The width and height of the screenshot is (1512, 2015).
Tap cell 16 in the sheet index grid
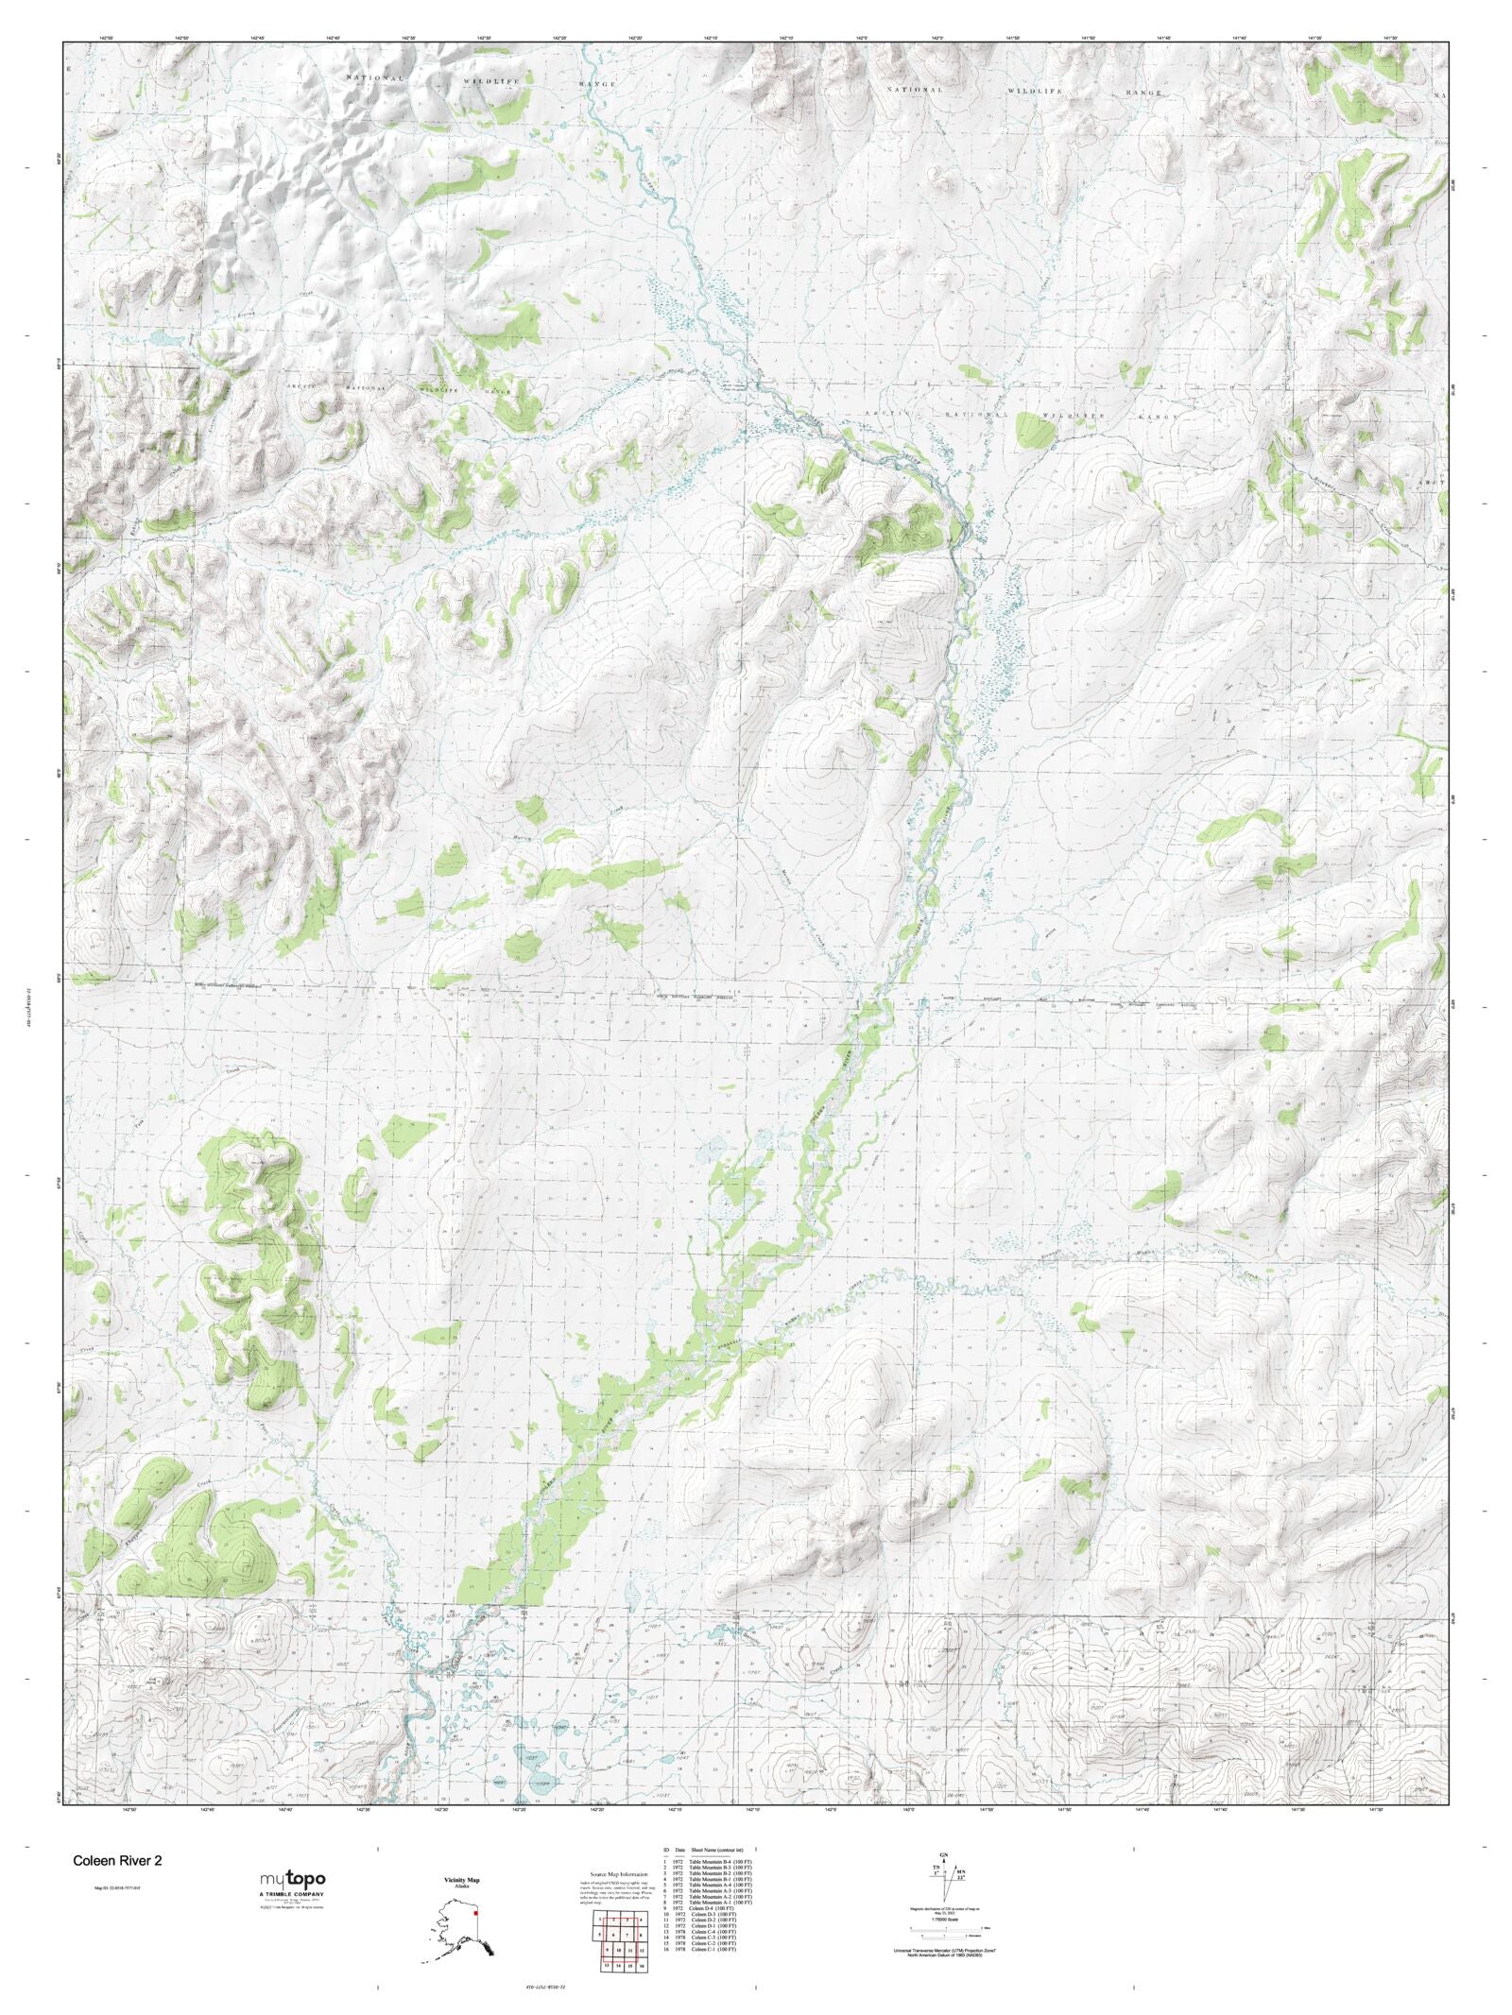click(x=642, y=1966)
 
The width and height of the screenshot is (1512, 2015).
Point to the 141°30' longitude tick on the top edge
click(x=1388, y=37)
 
